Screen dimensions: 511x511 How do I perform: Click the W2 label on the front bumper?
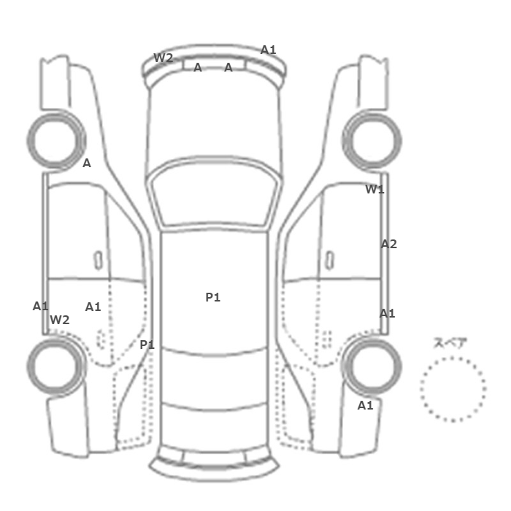click(x=163, y=58)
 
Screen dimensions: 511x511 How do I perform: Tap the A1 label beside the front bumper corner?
click(x=269, y=50)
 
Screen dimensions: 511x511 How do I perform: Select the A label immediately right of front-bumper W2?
click(x=198, y=68)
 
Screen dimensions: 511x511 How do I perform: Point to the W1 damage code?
click(x=374, y=190)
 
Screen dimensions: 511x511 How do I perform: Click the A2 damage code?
click(x=388, y=244)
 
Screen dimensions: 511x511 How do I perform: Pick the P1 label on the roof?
click(x=212, y=297)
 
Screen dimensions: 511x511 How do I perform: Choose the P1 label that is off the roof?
click(x=147, y=345)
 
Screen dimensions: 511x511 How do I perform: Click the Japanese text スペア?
click(x=450, y=343)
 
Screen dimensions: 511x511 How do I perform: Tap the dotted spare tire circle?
click(x=453, y=389)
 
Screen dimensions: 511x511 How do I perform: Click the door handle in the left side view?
click(x=97, y=259)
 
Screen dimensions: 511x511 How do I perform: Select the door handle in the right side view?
click(x=330, y=259)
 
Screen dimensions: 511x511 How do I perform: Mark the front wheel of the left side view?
click(x=55, y=139)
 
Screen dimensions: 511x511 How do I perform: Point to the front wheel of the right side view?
click(x=372, y=139)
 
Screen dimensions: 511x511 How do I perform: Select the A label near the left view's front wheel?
click(x=87, y=164)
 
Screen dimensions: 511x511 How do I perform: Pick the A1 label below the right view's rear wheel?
click(x=365, y=405)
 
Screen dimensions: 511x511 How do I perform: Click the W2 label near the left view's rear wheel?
click(x=60, y=320)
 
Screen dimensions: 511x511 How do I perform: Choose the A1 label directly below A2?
click(x=387, y=313)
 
